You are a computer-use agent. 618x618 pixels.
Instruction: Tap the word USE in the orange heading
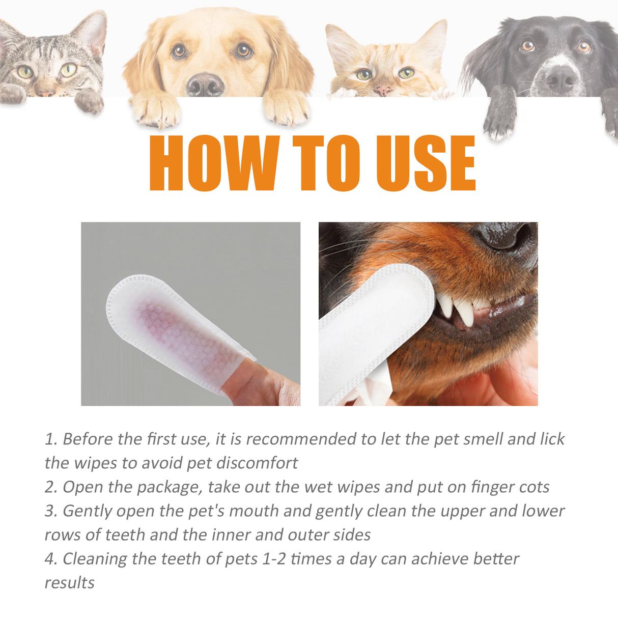click(x=425, y=163)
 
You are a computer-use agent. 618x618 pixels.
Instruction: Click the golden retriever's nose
click(x=205, y=85)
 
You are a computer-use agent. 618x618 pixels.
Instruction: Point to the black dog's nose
click(x=560, y=79)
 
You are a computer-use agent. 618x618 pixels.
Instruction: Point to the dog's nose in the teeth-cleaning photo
click(x=504, y=237)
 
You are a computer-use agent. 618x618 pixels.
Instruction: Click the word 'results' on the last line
click(x=69, y=583)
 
